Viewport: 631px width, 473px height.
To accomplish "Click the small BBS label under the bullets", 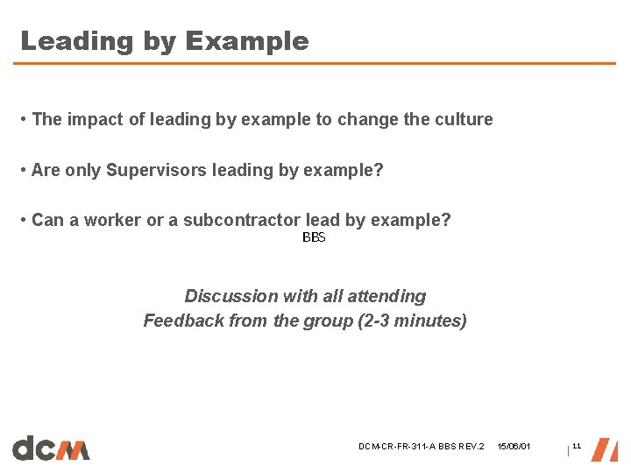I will [x=314, y=238].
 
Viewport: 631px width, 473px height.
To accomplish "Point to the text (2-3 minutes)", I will [x=412, y=321].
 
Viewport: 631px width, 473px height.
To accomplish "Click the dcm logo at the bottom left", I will [x=51, y=448].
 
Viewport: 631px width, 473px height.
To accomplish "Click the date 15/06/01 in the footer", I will [x=514, y=447].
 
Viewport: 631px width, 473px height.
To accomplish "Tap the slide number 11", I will [x=577, y=447].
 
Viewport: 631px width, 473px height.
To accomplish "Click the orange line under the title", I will [x=315, y=63].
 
